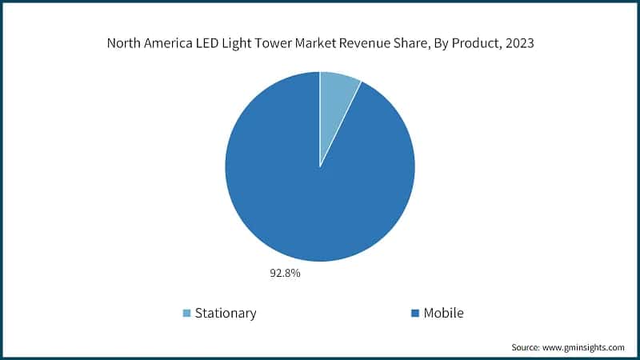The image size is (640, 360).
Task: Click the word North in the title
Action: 125,44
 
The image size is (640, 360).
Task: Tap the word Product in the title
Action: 489,44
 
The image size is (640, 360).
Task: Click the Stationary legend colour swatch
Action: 187,313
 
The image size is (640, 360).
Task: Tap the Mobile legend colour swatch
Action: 415,313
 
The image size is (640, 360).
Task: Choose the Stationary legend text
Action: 226,313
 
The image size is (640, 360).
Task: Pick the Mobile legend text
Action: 443,313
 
